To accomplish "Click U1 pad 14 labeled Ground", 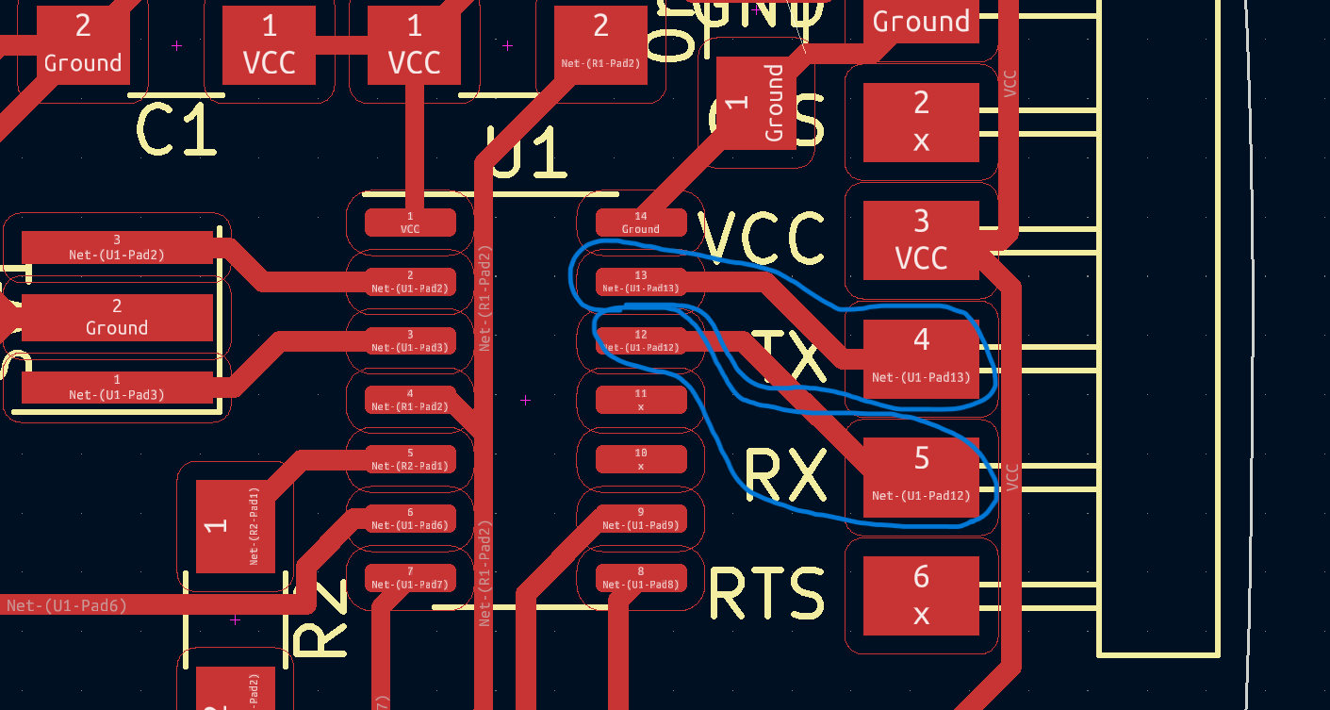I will click(x=641, y=223).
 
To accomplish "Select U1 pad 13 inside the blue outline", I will click(x=641, y=281).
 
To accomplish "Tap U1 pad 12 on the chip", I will click(x=641, y=340).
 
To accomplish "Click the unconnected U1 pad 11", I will click(x=641, y=400).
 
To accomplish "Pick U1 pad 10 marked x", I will click(x=641, y=459).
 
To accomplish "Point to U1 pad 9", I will click(x=641, y=519).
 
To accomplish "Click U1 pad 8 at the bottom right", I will click(x=641, y=577).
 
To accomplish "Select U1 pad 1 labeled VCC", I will click(x=410, y=223).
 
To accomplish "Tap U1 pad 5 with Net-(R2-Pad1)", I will click(x=410, y=459).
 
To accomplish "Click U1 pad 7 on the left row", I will click(x=410, y=577).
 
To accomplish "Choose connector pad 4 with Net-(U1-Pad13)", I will click(x=921, y=358).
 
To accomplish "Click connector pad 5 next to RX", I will click(x=921, y=477).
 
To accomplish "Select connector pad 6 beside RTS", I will click(x=921, y=596).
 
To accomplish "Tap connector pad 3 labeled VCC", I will click(x=921, y=240).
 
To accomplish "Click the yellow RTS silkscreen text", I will click(x=766, y=594).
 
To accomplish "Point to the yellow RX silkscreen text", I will click(x=785, y=474).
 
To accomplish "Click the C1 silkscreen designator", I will click(x=177, y=130).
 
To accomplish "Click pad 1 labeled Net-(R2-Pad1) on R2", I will click(x=236, y=526).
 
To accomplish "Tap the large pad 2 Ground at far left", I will click(x=117, y=318).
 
